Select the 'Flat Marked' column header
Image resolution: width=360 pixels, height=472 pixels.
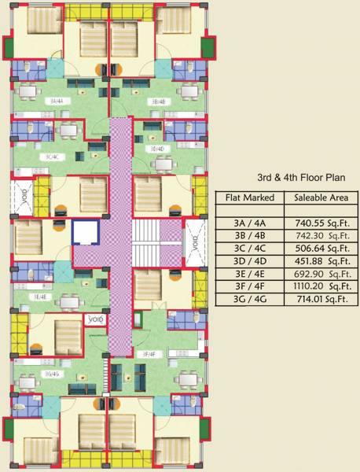pyautogui.click(x=249, y=197)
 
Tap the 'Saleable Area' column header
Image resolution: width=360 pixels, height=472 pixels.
pyautogui.click(x=318, y=197)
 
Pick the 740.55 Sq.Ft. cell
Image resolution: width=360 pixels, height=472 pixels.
pyautogui.click(x=318, y=223)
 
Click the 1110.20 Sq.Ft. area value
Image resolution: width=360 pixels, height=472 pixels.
pyautogui.click(x=318, y=286)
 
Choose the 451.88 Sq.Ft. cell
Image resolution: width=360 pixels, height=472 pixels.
pyautogui.click(x=318, y=261)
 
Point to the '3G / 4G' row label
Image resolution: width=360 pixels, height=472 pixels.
pyautogui.click(x=249, y=299)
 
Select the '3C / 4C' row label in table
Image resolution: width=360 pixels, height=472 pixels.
pyautogui.click(x=249, y=249)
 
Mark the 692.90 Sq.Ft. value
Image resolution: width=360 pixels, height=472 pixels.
pyautogui.click(x=318, y=274)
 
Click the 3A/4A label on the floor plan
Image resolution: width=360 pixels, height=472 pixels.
pyautogui.click(x=54, y=101)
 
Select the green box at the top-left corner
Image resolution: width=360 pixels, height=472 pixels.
pyautogui.click(x=8, y=48)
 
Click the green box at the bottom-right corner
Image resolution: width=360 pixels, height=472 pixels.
pyautogui.click(x=208, y=430)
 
